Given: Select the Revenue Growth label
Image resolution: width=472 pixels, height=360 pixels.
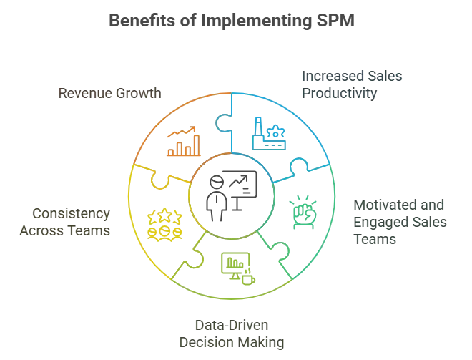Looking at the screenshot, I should tap(109, 93).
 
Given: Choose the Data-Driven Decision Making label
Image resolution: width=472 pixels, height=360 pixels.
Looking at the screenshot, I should tap(232, 332).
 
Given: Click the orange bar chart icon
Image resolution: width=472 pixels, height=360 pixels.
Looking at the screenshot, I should tap(183, 142).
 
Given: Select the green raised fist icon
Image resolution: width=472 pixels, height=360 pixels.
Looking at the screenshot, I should tap(303, 213).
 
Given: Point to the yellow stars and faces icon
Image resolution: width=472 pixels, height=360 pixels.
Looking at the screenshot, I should tap(161, 223).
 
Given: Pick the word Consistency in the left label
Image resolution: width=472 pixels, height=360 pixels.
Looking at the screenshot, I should tap(71, 213).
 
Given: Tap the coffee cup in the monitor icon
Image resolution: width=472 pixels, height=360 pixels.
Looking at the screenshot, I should tap(247, 278).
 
